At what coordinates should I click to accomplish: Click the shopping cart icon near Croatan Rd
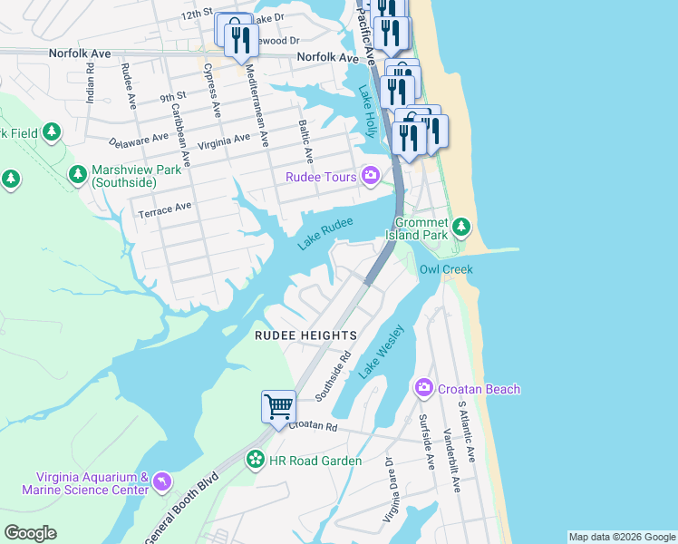[278, 405]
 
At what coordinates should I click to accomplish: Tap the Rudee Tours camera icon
[371, 176]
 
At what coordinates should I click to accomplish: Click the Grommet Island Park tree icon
[463, 225]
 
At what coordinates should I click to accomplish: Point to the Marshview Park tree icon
[78, 173]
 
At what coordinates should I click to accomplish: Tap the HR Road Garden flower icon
[257, 461]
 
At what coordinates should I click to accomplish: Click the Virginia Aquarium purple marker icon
[161, 481]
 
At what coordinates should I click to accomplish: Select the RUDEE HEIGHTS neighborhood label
[305, 335]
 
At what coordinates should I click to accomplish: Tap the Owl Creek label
[445, 269]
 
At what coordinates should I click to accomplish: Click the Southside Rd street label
[333, 376]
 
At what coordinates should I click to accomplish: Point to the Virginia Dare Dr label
[387, 490]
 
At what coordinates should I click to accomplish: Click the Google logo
[30, 533]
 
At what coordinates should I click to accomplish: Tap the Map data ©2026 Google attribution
[622, 537]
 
